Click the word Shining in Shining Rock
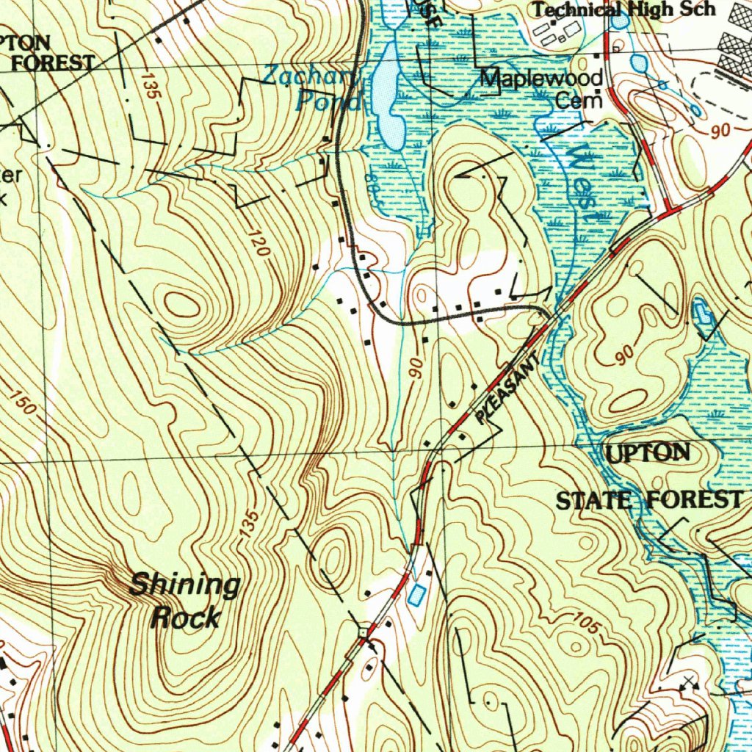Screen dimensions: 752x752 point(184,586)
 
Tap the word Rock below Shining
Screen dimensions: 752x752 point(184,618)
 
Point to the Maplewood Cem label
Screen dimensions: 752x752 point(542,88)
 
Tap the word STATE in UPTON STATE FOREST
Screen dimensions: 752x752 point(594,502)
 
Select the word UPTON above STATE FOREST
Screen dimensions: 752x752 point(648,454)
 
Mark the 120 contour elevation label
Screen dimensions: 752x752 point(258,242)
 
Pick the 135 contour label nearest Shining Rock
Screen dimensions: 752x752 point(250,527)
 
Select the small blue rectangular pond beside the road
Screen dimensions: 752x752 point(416,595)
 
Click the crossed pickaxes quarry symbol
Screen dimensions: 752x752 point(688,684)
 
